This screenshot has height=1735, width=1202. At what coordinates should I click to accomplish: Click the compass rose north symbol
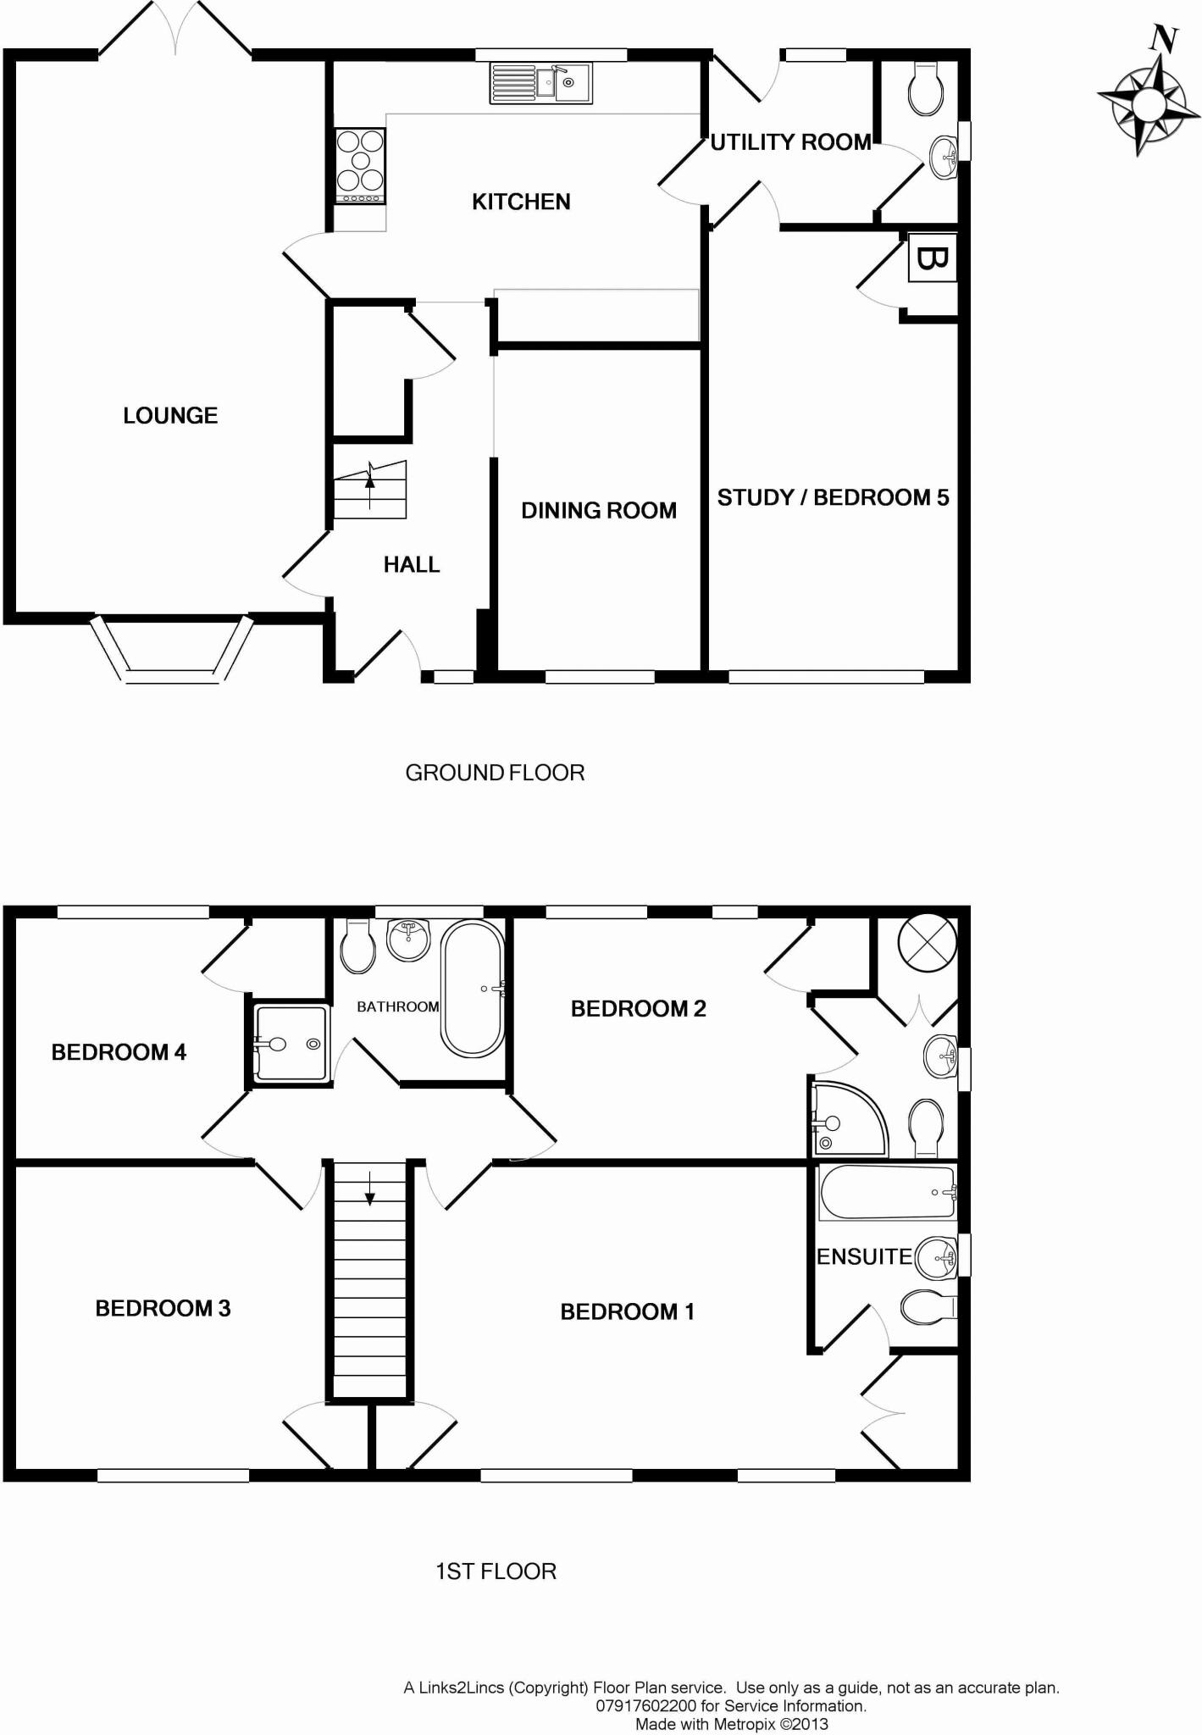(1149, 101)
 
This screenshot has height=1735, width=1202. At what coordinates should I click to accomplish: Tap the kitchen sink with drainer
(540, 83)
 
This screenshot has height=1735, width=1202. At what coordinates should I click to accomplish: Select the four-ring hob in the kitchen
(360, 165)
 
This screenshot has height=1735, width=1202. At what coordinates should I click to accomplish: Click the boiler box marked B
(932, 258)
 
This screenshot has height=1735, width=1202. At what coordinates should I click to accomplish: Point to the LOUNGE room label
(170, 415)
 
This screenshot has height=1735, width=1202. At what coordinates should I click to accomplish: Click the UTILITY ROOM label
(790, 142)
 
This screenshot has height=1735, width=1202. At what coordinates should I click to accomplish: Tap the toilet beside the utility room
(925, 89)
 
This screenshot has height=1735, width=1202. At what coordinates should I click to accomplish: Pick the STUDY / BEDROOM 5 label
(833, 497)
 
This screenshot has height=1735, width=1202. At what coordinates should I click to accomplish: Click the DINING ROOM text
(598, 510)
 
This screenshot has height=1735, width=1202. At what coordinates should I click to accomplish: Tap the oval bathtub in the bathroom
(473, 989)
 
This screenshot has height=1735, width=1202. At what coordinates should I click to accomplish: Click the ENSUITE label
(864, 1256)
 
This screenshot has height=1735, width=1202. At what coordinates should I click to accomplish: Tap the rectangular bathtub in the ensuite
(887, 1192)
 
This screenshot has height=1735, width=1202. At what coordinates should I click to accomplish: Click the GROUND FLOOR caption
(495, 773)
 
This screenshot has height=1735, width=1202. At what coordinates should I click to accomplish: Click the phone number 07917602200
(646, 1705)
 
